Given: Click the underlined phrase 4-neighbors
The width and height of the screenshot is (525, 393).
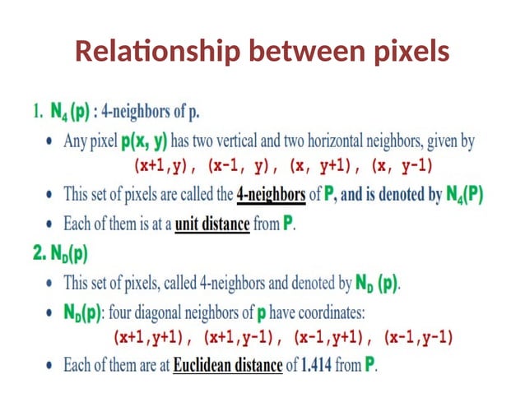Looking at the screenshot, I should click(271, 195).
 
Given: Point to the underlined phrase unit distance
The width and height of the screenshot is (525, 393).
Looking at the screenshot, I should click(211, 224).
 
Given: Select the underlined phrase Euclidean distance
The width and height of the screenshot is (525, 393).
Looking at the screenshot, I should click(229, 364).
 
